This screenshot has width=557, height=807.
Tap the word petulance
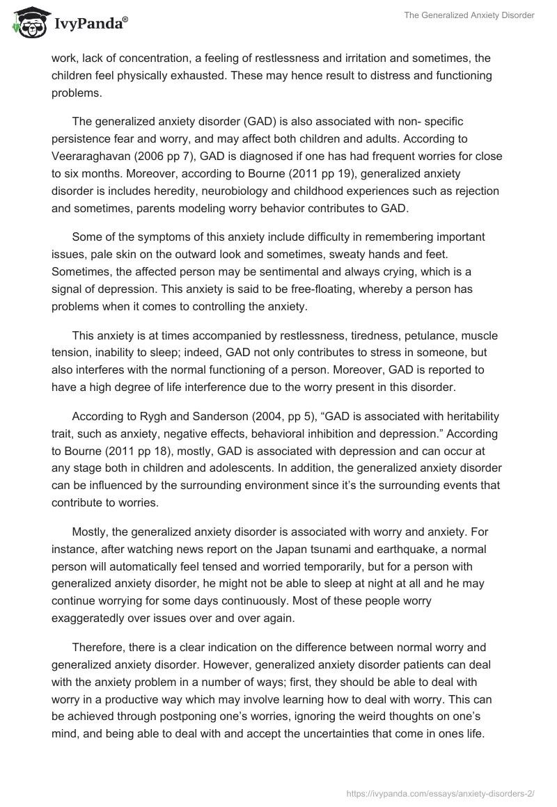coord(386,335)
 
